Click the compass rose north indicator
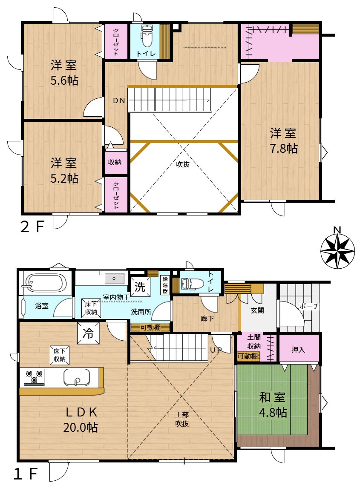337,250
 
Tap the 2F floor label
32,227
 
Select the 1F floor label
26,474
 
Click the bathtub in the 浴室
45,282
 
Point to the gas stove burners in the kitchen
34,377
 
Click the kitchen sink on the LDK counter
77,377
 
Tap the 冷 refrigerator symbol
88,333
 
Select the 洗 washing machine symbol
140,287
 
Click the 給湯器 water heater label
165,285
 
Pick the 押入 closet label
298,350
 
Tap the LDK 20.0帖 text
81,419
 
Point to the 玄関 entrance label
257,310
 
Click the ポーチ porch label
309,306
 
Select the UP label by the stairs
216,350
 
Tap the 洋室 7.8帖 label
283,141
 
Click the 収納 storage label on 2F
115,162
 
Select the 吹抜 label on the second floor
182,164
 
